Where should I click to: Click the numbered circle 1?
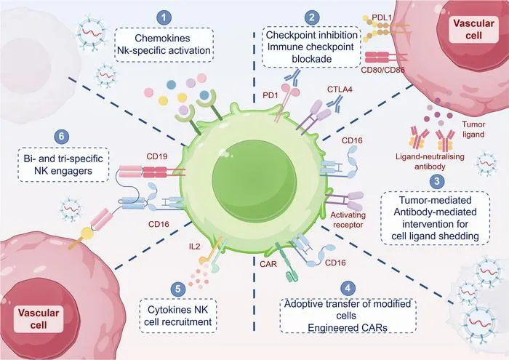pyautogui.click(x=164, y=17)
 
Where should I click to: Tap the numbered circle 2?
pyautogui.click(x=312, y=17)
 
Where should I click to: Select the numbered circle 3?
pyautogui.click(x=437, y=181)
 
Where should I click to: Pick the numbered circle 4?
pyautogui.click(x=348, y=288)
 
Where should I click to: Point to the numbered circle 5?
pyautogui.click(x=178, y=288)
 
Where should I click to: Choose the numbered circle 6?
pyautogui.click(x=62, y=136)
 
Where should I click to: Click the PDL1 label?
pyautogui.click(x=382, y=18)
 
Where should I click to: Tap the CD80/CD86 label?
pyautogui.click(x=382, y=70)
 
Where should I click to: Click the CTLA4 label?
pyautogui.click(x=340, y=89)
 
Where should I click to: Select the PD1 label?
pyautogui.click(x=270, y=96)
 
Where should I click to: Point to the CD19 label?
pyautogui.click(x=157, y=156)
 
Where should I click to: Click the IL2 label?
pyautogui.click(x=194, y=247)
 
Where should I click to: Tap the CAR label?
pyautogui.click(x=268, y=264)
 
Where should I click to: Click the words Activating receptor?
pyautogui.click(x=348, y=220)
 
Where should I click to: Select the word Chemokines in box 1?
pyautogui.click(x=162, y=39)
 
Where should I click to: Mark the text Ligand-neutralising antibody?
pyautogui.click(x=430, y=161)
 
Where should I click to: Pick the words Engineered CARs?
pyautogui.click(x=348, y=327)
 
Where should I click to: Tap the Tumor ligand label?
pyautogui.click(x=473, y=129)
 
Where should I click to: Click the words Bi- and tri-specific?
pyautogui.click(x=63, y=159)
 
